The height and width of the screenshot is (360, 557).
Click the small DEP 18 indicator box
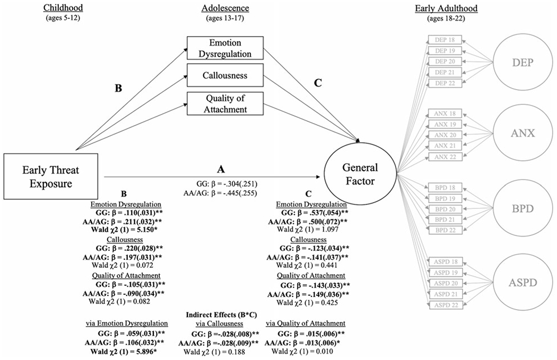pyautogui.click(x=445, y=41)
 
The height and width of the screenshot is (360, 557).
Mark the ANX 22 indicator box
pyautogui.click(x=445, y=156)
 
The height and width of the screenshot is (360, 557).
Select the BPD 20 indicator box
pyautogui.click(x=445, y=208)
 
